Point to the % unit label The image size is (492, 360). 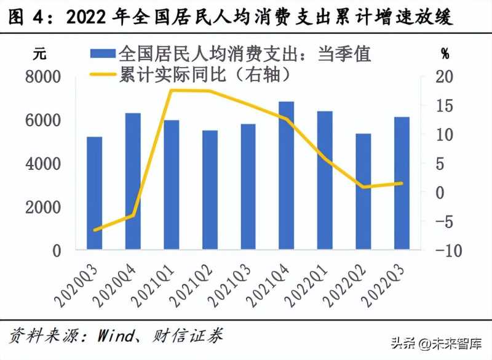point(445,54)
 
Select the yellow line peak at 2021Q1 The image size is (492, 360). point(172,90)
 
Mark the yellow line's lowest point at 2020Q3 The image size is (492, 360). point(94,230)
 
